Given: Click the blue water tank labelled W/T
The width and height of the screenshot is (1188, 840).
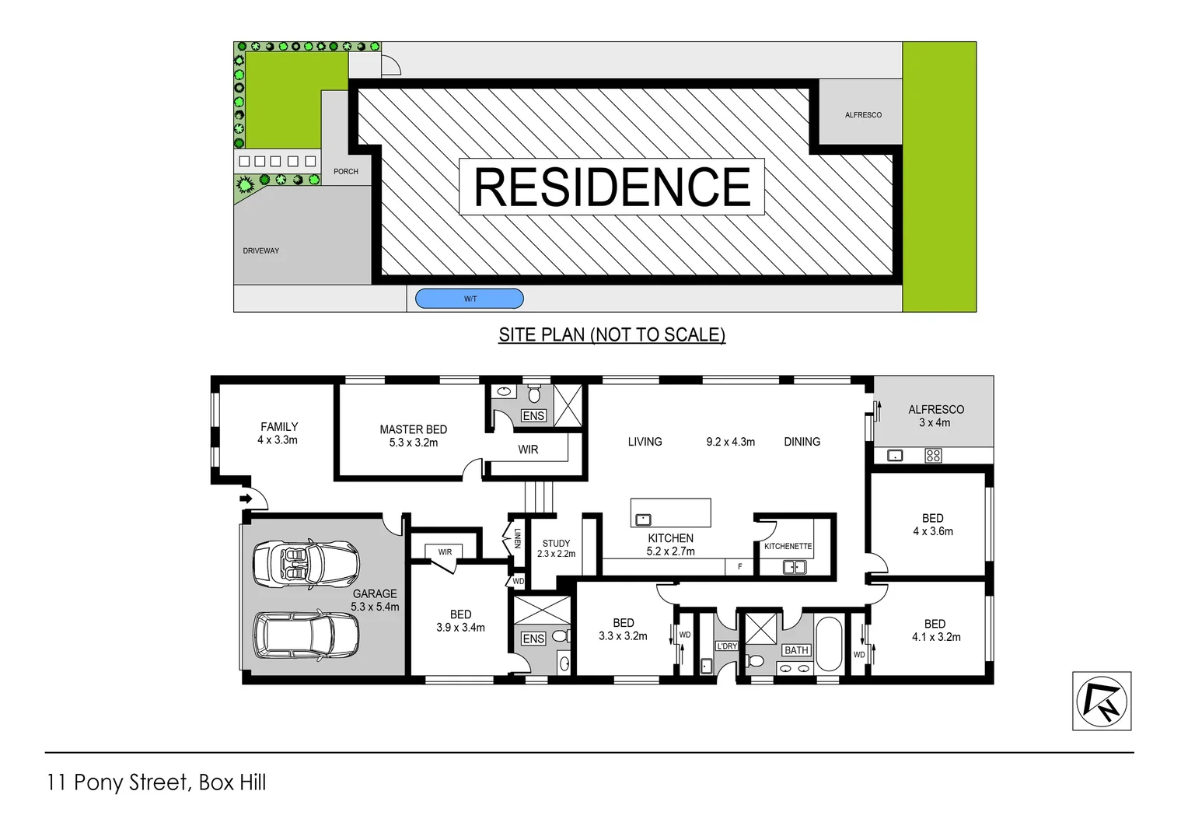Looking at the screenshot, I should point(470,299).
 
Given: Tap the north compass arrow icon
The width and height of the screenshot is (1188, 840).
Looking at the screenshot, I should point(1102,701).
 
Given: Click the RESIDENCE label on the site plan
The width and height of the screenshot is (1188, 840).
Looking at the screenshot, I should point(612,187).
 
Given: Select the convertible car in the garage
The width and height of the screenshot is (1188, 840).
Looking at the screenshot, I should point(306,563).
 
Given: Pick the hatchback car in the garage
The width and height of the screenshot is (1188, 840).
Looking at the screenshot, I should point(306,635).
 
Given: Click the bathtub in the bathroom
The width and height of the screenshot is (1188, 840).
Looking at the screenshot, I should point(829,645).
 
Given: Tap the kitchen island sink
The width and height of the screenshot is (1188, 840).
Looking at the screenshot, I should point(643,520).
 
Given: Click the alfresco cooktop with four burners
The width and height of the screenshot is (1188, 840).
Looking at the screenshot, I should point(933,456).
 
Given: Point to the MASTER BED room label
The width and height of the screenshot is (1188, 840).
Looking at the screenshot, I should point(413,429).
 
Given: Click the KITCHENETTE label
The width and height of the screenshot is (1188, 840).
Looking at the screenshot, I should point(788,546).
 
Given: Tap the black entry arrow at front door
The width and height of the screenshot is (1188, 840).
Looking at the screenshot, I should point(246,499).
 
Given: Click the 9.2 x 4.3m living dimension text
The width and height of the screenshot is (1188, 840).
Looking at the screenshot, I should point(730,442).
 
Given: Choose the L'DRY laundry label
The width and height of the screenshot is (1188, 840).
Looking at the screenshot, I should point(726,646).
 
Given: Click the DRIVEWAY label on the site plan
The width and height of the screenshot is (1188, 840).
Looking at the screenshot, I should point(260,251).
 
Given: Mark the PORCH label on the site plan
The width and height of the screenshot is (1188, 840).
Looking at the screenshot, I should point(346,172).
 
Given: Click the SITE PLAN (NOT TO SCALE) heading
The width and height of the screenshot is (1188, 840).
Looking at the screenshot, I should point(612,334).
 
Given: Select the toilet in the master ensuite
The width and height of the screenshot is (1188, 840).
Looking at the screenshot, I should point(534,393).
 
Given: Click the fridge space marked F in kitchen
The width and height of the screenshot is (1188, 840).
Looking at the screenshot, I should point(739,567).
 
